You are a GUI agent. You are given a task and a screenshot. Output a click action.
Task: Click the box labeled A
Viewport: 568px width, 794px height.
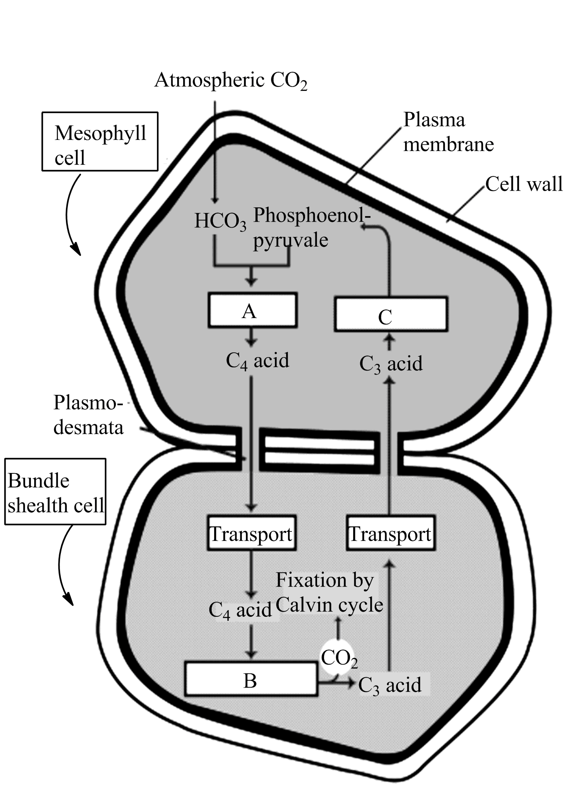252,310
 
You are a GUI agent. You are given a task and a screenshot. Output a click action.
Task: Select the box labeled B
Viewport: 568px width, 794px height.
251,681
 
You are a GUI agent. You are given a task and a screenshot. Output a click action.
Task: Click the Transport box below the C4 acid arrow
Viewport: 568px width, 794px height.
251,533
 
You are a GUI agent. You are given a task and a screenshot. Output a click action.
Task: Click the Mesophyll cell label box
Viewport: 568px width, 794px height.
100,141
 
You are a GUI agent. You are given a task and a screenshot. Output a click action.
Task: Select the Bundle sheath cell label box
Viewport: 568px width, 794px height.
55,492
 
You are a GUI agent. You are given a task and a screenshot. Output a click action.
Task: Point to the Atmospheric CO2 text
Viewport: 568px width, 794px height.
231,81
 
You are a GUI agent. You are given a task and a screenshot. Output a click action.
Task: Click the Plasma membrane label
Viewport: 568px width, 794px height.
448,132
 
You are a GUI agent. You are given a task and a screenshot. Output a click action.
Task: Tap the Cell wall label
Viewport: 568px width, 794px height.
524,184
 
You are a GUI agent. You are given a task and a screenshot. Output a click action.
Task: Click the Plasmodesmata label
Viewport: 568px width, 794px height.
88,415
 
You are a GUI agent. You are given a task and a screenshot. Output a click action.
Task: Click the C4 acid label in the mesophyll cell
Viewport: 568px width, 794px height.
257,361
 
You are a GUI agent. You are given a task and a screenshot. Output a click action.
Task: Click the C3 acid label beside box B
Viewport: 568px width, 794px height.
390,685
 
